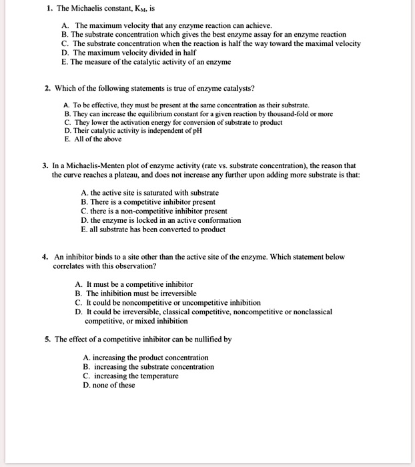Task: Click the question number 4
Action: (43, 256)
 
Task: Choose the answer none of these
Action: (113, 385)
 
